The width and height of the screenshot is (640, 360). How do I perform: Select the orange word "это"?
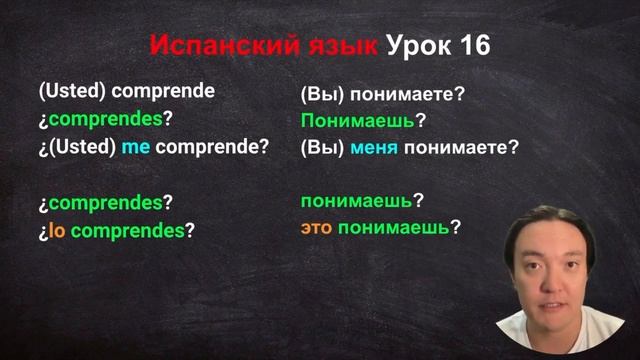[317, 228]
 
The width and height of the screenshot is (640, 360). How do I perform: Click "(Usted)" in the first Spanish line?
[72, 91]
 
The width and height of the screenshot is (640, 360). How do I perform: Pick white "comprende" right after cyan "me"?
[204, 146]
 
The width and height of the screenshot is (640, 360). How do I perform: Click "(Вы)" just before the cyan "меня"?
[322, 146]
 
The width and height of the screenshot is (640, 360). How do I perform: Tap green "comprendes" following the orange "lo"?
[128, 230]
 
